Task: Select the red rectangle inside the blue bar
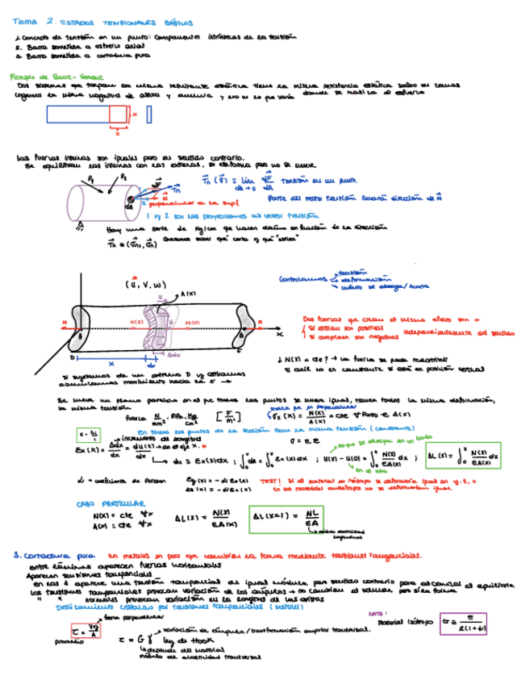pyautogui.click(x=119, y=114)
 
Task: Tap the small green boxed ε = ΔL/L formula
pyautogui.click(x=86, y=435)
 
